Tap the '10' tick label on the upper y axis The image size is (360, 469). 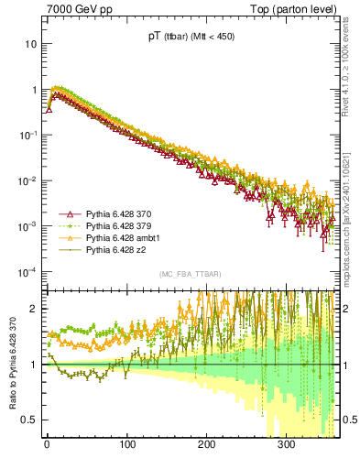click(x=30, y=44)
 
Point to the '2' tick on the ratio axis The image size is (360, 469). click(x=33, y=309)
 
